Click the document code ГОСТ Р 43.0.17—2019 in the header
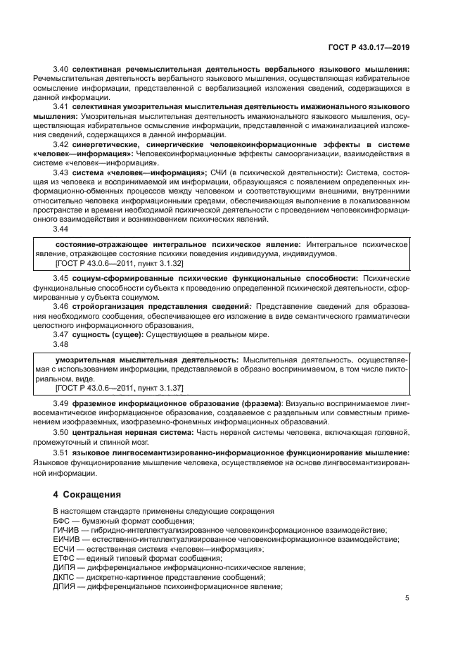[371, 48]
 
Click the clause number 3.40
[61, 70]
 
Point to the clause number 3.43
[61, 172]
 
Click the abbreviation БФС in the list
[61, 519]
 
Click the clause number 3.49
[61, 403]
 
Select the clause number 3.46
[61, 306]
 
